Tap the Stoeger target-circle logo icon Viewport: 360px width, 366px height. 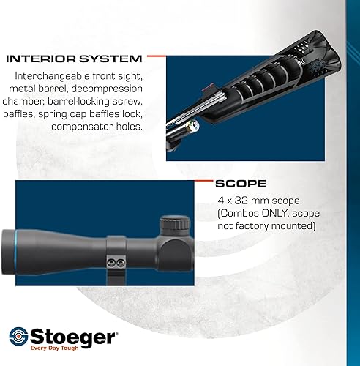[19, 338]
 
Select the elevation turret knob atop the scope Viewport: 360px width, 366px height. [174, 223]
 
